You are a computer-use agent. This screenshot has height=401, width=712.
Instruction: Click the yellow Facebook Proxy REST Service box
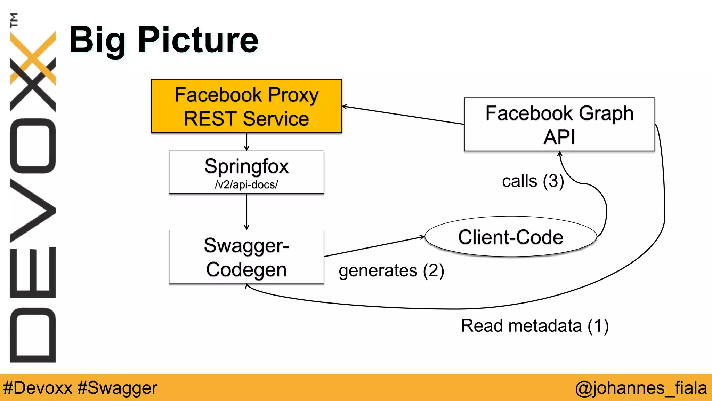(246, 106)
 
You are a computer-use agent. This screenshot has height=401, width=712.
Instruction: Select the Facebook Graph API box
(559, 124)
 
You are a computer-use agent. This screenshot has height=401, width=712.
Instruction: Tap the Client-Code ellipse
(510, 237)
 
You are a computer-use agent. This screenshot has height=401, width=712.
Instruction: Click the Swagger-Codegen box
(246, 257)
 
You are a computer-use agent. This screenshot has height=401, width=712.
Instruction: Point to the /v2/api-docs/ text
(246, 184)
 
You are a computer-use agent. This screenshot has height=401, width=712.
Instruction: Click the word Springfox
(246, 166)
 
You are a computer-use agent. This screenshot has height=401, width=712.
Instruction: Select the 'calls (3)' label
(533, 181)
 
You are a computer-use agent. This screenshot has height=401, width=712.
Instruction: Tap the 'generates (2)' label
(391, 271)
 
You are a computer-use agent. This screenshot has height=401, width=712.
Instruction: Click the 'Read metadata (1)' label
(535, 326)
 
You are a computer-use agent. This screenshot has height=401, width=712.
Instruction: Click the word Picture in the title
(198, 40)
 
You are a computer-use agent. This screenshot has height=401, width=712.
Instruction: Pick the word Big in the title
(97, 40)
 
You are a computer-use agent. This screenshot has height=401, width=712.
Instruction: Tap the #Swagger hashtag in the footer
(117, 388)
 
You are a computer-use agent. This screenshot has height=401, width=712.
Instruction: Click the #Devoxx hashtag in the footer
(38, 388)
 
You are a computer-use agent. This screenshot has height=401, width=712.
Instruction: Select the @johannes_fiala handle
(641, 388)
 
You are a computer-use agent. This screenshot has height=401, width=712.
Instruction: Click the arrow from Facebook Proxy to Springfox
(246, 141)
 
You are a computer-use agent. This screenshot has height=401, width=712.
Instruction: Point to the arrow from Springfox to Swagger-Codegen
(246, 211)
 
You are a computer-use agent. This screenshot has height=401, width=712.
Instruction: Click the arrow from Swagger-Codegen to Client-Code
(374, 247)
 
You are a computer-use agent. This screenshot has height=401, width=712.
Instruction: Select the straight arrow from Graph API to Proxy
(403, 115)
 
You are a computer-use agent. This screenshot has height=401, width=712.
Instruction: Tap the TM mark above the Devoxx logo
(14, 20)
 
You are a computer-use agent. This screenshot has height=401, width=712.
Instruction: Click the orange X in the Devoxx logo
(33, 57)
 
